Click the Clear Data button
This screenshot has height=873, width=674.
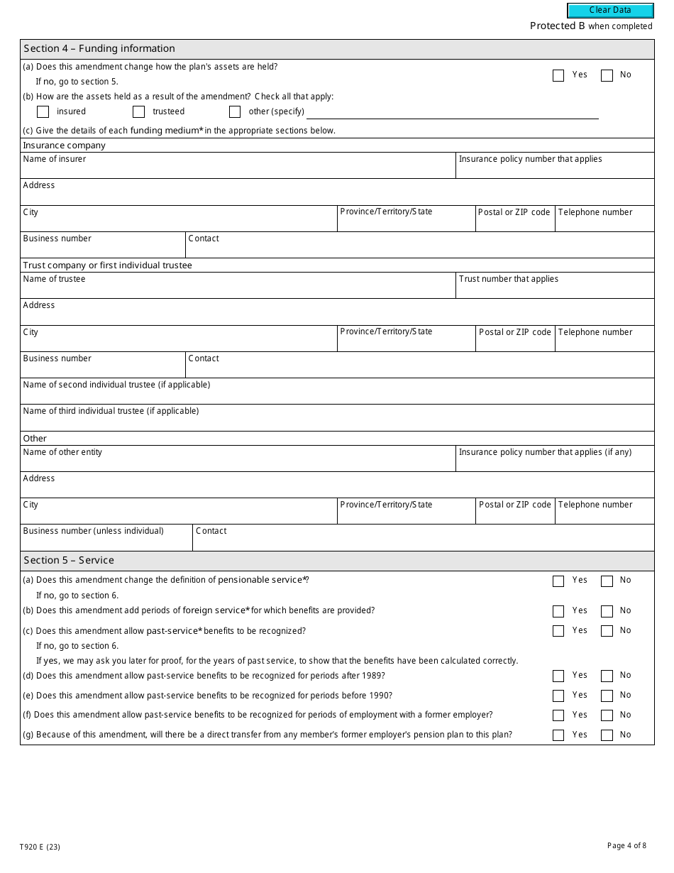click(x=610, y=11)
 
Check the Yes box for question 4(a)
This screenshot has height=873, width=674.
click(x=558, y=75)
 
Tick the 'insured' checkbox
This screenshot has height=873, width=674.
click(x=43, y=111)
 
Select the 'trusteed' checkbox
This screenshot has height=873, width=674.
click(x=139, y=111)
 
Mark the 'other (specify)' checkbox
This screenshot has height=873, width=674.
click(x=235, y=111)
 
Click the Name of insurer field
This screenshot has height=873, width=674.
click(x=238, y=170)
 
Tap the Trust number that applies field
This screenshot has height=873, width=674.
click(x=554, y=290)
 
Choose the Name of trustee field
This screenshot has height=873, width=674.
click(x=238, y=290)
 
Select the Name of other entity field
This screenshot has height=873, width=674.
click(x=238, y=463)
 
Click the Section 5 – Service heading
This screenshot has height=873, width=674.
click(x=69, y=561)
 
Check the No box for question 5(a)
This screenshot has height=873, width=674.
click(x=607, y=581)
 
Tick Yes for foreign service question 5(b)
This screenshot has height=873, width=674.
click(x=558, y=611)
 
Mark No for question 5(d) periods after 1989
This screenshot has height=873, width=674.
click(x=607, y=676)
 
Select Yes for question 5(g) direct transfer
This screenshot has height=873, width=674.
click(x=558, y=735)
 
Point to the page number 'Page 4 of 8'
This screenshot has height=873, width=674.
click(x=626, y=845)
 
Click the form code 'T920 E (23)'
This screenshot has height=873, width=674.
click(x=45, y=847)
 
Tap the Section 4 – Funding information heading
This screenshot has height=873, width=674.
click(x=99, y=49)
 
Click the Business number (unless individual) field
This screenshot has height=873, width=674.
click(x=106, y=542)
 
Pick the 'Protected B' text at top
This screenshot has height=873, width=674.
click(x=558, y=26)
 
